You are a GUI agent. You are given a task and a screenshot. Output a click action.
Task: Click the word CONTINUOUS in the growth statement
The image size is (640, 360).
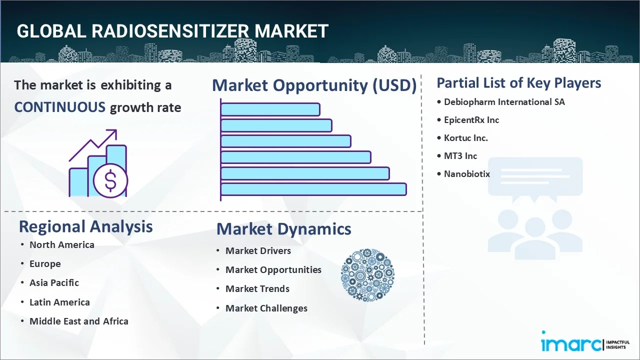click(59, 107)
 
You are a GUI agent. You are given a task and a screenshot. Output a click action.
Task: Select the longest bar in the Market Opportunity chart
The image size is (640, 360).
click(313, 189)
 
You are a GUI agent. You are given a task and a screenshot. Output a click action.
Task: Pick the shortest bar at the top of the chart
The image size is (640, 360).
click(270, 109)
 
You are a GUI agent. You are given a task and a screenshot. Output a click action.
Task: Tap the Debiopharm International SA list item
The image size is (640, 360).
click(504, 102)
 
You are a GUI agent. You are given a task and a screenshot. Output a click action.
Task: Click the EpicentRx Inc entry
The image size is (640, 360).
click(471, 120)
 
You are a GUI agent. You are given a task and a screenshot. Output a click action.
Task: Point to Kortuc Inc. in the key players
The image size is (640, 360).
click(465, 138)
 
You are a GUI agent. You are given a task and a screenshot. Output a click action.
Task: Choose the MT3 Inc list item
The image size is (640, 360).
click(460, 156)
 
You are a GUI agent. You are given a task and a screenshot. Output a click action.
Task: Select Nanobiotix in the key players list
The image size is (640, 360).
click(466, 174)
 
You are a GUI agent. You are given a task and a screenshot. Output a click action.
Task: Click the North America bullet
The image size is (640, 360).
click(61, 244)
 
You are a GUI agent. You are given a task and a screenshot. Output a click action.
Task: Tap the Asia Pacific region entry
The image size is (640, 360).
click(54, 283)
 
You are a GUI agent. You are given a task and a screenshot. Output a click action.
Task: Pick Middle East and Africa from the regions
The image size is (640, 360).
click(78, 321)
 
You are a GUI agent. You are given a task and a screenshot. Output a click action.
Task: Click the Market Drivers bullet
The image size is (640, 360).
click(258, 250)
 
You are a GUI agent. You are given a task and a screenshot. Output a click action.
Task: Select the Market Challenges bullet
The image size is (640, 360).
click(266, 308)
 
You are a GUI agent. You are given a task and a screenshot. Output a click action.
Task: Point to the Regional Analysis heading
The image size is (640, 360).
click(85, 226)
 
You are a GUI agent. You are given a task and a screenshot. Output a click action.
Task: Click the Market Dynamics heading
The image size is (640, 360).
click(283, 229)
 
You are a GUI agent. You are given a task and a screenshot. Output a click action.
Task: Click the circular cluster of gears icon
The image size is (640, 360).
click(367, 275)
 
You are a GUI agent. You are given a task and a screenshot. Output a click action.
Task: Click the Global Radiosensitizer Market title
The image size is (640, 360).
click(172, 31)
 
